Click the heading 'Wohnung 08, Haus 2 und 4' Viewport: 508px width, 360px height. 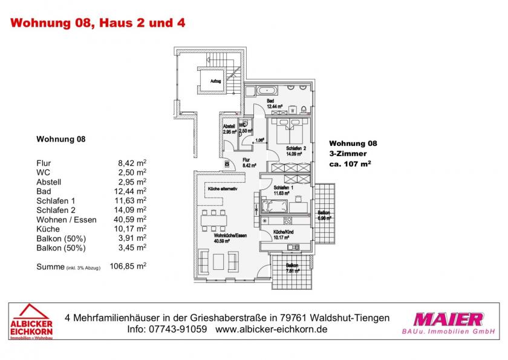click(99, 24)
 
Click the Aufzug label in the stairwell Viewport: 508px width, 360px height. click(215, 80)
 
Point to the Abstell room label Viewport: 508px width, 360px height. click(229, 128)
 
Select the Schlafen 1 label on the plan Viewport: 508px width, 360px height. click(284, 191)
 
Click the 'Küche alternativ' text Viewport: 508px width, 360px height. click(223, 189)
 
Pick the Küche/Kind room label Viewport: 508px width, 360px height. click(284, 235)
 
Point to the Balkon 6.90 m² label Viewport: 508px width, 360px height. click(325, 215)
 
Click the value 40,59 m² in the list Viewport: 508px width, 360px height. click(132, 220)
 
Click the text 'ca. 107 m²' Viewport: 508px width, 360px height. click(350, 163)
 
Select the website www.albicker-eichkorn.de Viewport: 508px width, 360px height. click(272, 330)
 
